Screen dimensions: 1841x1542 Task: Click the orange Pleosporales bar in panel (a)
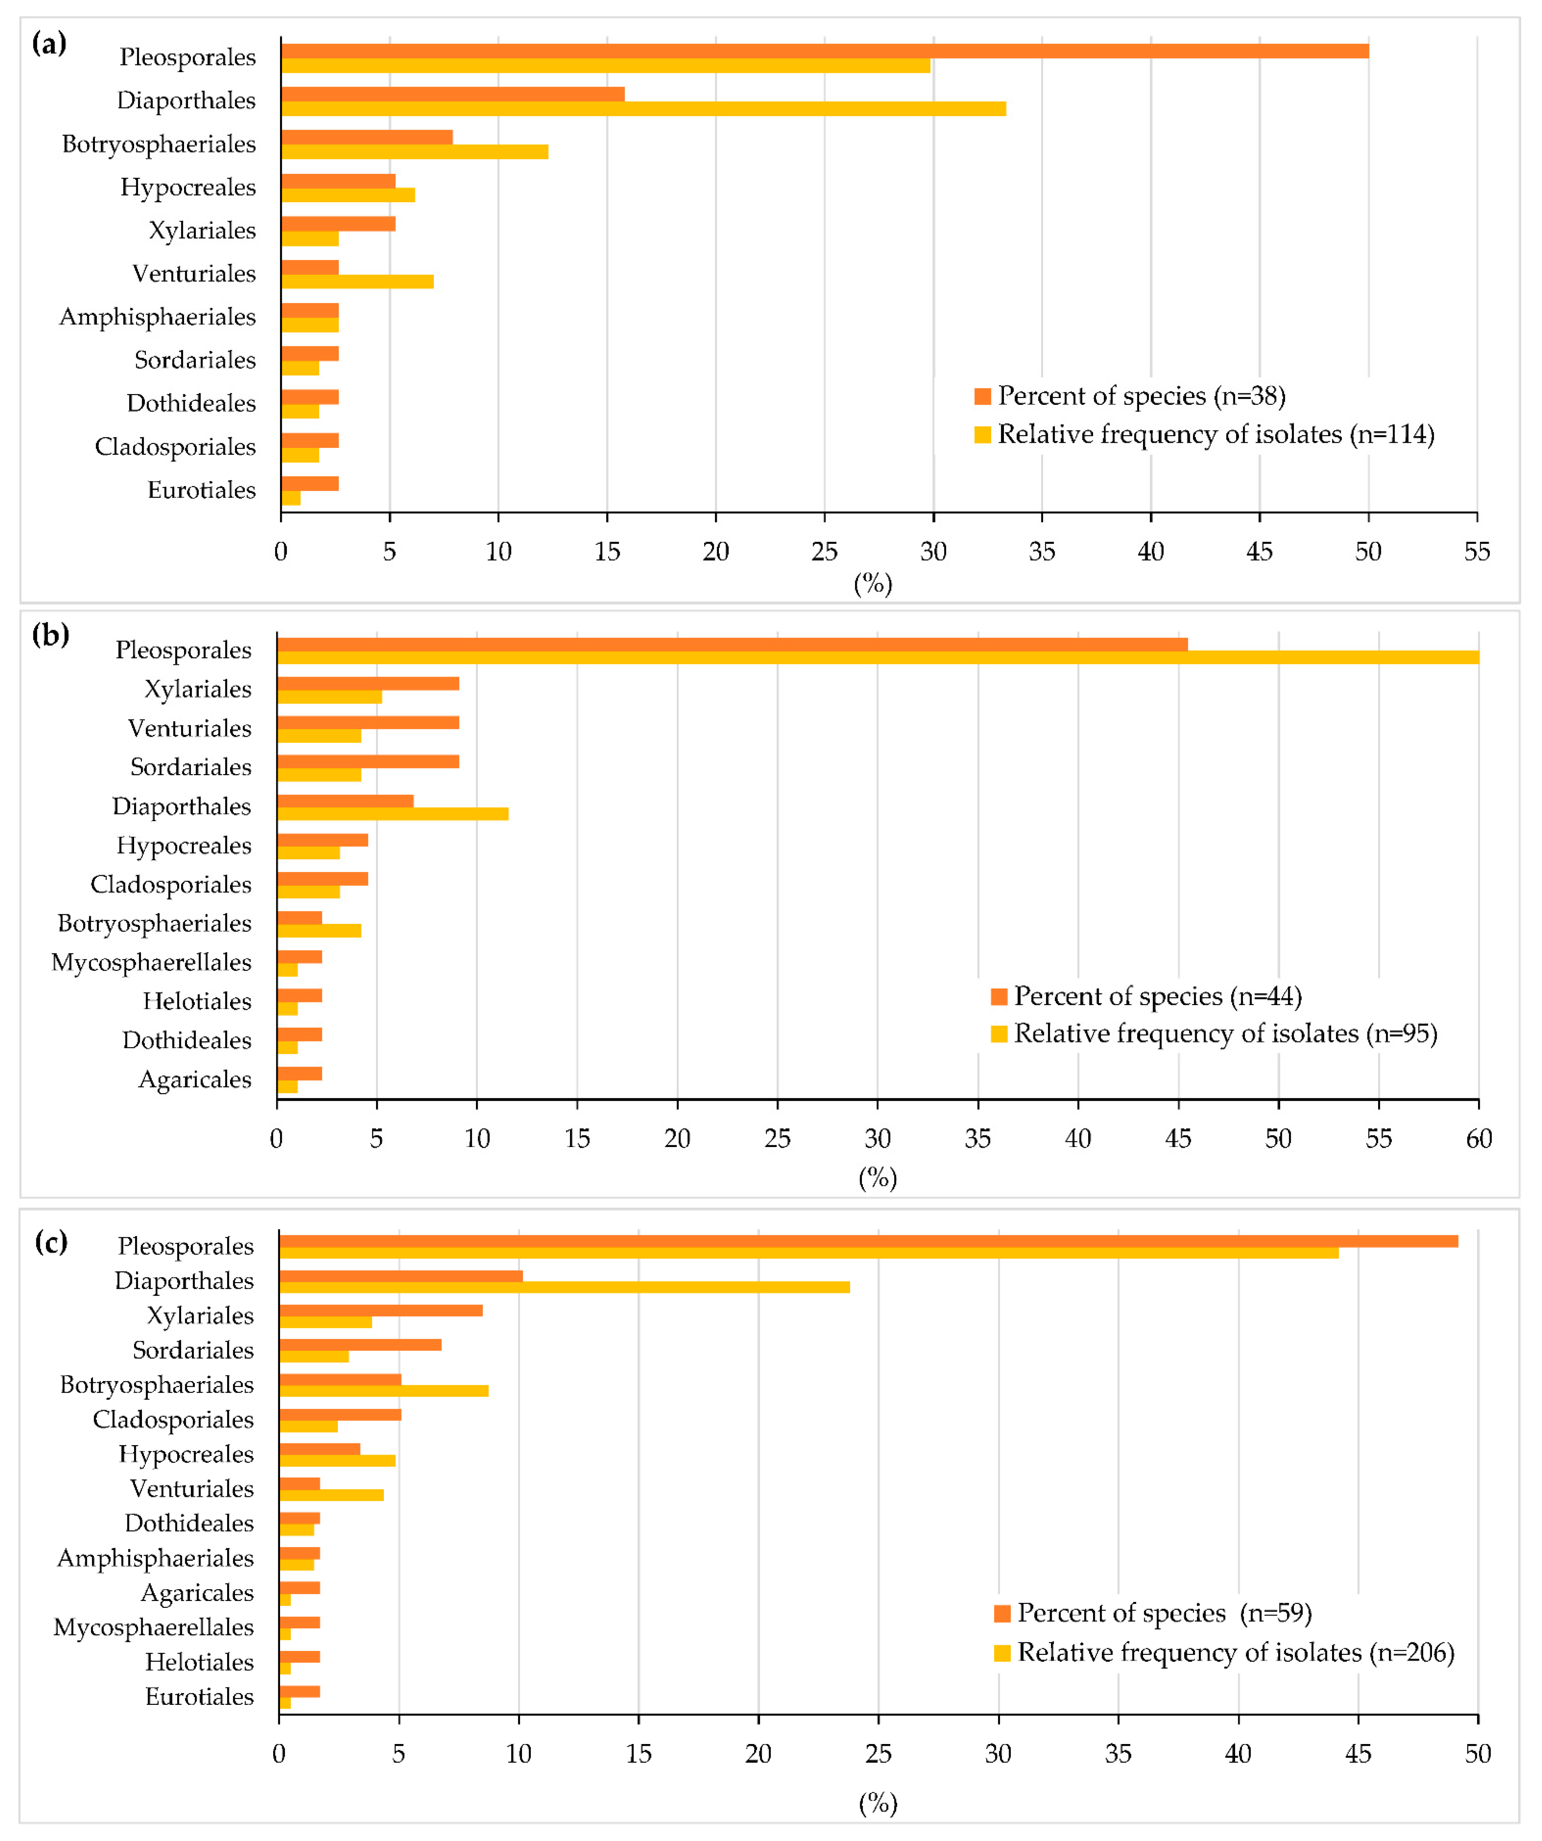click(825, 51)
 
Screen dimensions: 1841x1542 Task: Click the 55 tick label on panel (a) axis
click(1476, 551)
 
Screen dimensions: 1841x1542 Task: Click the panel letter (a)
click(49, 43)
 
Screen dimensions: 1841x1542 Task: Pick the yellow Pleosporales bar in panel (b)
click(877, 657)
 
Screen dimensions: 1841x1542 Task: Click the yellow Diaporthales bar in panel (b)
click(392, 814)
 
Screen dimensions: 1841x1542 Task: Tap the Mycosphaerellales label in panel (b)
click(151, 963)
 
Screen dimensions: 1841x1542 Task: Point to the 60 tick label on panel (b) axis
click(1478, 1139)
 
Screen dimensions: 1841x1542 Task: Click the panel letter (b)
click(50, 634)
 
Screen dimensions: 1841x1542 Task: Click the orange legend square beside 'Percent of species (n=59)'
click(1002, 1614)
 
